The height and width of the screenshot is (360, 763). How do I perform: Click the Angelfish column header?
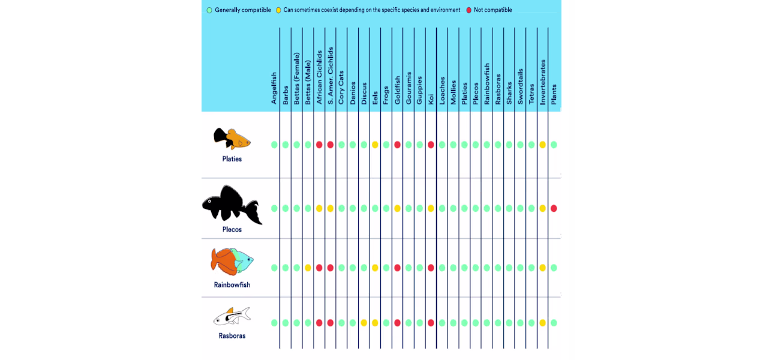(x=274, y=88)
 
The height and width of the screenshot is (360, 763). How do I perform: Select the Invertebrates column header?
(x=543, y=82)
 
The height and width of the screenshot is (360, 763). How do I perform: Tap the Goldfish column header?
(x=397, y=90)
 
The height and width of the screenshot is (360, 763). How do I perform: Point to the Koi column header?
(x=431, y=99)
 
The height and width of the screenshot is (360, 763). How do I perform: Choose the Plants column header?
(x=554, y=94)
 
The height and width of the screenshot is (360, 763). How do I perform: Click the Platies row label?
(x=232, y=159)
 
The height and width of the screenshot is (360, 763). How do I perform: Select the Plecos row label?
(x=232, y=229)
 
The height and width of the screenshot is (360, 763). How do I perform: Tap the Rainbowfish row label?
(x=232, y=284)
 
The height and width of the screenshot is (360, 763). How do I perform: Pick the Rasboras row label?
(x=232, y=335)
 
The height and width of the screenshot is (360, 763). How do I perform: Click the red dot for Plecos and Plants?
(x=554, y=208)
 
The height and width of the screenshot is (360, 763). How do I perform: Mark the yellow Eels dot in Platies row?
(x=375, y=145)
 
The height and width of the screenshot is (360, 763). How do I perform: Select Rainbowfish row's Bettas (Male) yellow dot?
(x=308, y=268)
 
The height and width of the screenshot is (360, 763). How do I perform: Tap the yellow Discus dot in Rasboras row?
(x=364, y=323)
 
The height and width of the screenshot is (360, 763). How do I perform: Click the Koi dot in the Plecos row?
(x=431, y=208)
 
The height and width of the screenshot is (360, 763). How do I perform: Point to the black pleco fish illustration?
(x=232, y=205)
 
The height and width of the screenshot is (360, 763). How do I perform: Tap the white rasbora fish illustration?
(x=232, y=316)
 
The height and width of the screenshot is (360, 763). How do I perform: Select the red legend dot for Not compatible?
(x=468, y=10)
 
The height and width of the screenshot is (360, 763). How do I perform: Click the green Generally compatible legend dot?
(x=209, y=10)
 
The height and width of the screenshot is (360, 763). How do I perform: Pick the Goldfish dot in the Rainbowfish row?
(x=397, y=268)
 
